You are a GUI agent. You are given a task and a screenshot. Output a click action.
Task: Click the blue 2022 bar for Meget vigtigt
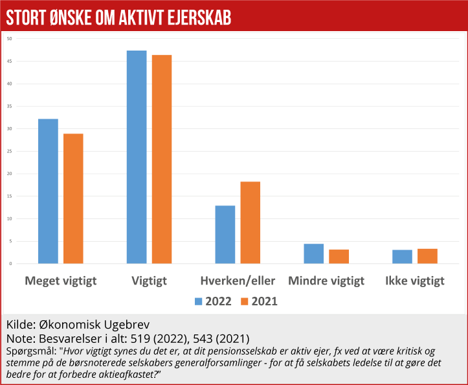pos(48,191)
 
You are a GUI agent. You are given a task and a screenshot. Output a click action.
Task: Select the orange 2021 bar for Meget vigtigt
pos(73,198)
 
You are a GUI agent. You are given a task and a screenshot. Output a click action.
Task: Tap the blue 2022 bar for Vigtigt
pos(137,157)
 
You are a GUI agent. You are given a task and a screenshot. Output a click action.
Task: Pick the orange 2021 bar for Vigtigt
pos(162,159)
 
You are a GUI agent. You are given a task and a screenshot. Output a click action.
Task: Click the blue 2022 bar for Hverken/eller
pos(225,234)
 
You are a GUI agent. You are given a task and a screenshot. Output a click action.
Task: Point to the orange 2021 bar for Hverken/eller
pos(250,222)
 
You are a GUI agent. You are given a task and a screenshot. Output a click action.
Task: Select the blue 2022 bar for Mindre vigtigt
pos(314,253)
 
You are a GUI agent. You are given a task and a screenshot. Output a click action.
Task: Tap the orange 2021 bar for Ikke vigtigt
pos(427,256)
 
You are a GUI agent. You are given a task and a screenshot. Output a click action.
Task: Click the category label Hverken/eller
pos(238,281)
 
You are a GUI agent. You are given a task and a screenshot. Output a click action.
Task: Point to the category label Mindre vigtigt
pos(326,281)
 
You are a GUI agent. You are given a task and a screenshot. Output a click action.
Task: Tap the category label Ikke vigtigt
pos(415,281)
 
